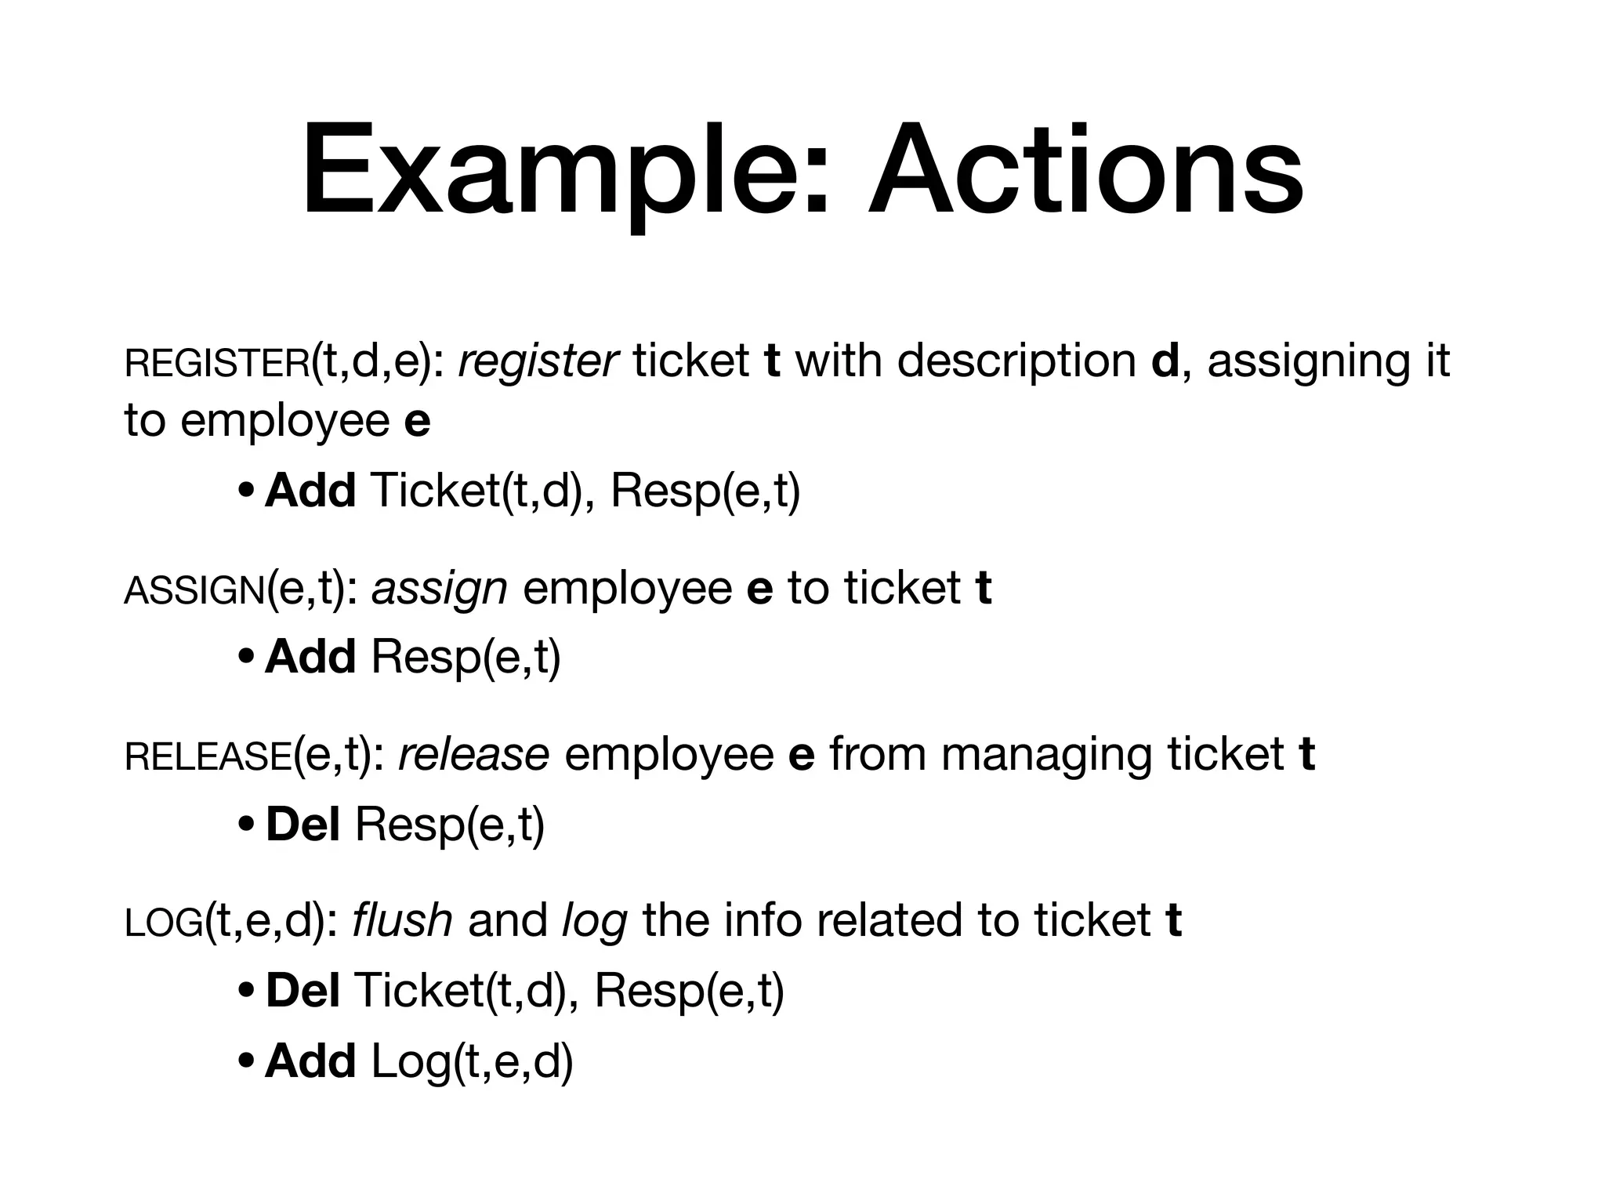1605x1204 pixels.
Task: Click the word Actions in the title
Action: (1085, 171)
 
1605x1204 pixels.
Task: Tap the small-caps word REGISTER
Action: (217, 364)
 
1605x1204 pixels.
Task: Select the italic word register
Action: (538, 361)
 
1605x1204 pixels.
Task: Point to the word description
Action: (1016, 361)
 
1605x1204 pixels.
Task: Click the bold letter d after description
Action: (1166, 361)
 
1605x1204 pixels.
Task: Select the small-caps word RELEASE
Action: (208, 757)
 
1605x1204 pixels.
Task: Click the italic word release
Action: (474, 754)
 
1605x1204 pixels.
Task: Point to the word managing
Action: (1046, 756)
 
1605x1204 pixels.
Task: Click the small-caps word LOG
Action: (164, 923)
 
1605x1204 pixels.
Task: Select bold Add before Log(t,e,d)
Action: (310, 1061)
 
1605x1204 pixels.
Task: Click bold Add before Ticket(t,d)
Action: (310, 491)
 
